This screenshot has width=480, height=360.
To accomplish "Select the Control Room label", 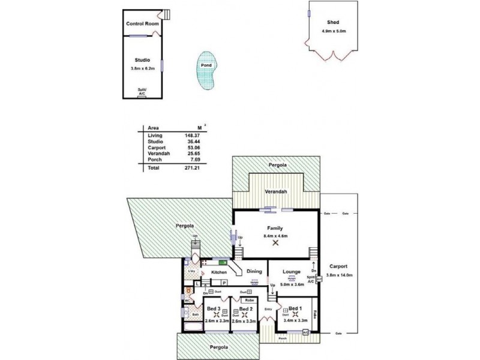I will point(142,24).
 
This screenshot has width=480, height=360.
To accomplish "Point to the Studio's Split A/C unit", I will point(142,94).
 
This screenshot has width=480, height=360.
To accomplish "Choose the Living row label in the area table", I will point(155,137).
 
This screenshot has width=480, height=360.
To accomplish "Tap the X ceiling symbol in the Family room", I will point(275,243).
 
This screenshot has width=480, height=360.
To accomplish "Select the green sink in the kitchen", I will point(222,262).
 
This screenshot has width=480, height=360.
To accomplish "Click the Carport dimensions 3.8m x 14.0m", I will point(339,275).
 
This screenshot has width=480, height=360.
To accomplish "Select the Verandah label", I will point(277,191).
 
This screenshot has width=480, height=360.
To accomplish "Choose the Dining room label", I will point(254,271).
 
